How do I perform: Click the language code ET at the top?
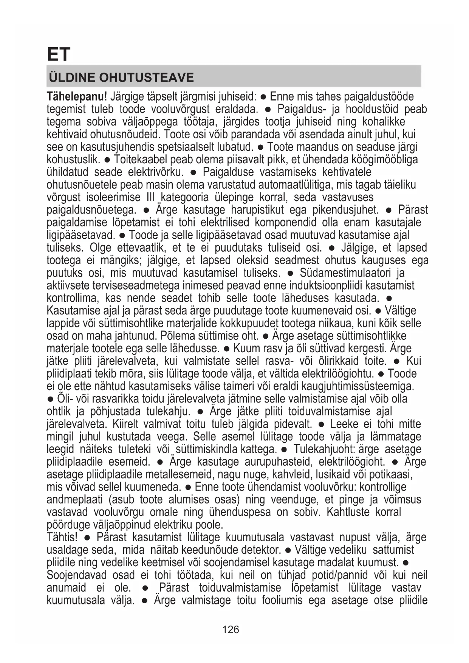tap(59, 54)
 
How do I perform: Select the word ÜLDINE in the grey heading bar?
tap(71, 77)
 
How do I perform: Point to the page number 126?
tap(231, 629)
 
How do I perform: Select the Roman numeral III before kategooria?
tap(150, 197)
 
